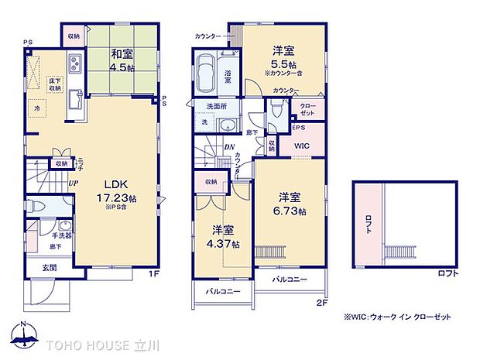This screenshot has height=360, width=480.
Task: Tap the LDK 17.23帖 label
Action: (117, 192)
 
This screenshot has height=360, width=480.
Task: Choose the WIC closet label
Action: (303, 144)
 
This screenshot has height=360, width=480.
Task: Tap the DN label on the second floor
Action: (229, 146)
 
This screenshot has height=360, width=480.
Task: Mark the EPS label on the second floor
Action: (298, 127)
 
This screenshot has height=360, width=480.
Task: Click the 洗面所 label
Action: (216, 107)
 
